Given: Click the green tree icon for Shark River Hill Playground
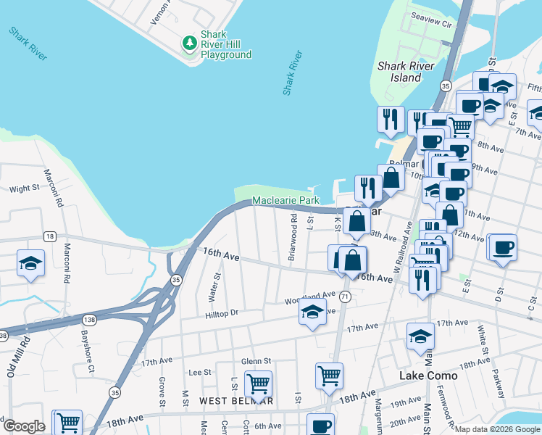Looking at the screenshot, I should [x=190, y=43].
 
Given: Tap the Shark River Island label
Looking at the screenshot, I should [x=406, y=72].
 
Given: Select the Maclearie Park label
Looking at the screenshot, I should [x=285, y=200].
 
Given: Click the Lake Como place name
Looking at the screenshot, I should [x=428, y=376].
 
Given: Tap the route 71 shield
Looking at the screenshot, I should [x=346, y=297].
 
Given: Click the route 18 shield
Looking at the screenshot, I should [x=49, y=236].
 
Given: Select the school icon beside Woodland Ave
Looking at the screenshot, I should [x=312, y=312].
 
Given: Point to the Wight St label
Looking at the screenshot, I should [x=24, y=188].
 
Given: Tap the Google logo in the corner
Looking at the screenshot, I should [x=24, y=426].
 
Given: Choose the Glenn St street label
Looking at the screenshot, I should [x=256, y=360].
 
